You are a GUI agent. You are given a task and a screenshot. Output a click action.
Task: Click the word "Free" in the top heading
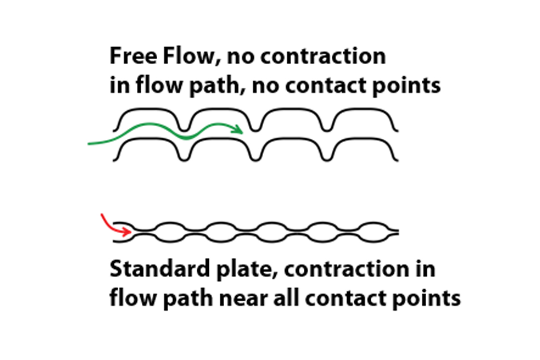pos(133,56)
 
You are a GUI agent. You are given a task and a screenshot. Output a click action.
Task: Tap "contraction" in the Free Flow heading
pos(323,56)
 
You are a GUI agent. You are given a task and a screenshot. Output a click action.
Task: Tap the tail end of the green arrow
pos(89,144)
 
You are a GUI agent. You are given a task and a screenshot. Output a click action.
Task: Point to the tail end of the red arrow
pos(102,215)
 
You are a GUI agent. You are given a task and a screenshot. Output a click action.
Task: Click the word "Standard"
pos(160,268)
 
